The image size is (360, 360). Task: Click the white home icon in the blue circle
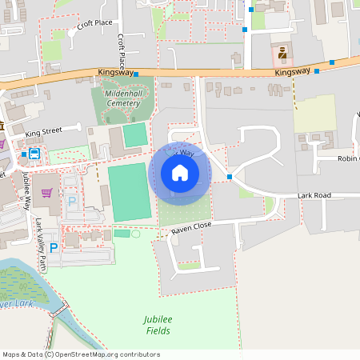(180, 172)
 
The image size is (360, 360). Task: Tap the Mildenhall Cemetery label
(122, 98)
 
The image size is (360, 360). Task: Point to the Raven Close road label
(191, 230)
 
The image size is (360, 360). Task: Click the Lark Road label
(314, 195)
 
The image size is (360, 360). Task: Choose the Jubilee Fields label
(158, 325)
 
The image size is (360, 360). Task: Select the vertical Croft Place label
(121, 51)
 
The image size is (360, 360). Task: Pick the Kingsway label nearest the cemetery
(114, 72)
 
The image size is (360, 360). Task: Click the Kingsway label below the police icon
(291, 72)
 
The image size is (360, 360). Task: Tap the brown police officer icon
(282, 54)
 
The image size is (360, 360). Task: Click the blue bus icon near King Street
(34, 153)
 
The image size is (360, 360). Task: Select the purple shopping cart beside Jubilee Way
(47, 192)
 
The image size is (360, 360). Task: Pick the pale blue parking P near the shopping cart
(71, 202)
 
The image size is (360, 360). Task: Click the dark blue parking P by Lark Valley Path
(54, 248)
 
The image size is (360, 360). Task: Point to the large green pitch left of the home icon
(129, 192)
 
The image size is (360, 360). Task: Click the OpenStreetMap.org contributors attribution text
(108, 354)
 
